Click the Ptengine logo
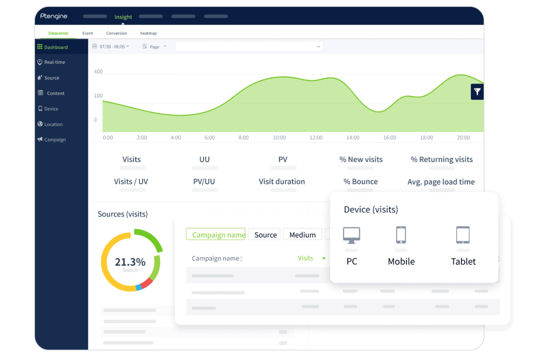coord(54,16)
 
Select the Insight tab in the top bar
coord(123,17)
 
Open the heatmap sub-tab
coord(148,33)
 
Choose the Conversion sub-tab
coord(116,33)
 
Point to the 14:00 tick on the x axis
coord(353,138)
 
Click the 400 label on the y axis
coord(98,71)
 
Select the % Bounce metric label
coord(360,181)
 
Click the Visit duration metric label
coord(282,181)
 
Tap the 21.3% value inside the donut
coord(130,262)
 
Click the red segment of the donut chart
coord(146,283)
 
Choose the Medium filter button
coord(302,235)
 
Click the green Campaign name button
coord(216,234)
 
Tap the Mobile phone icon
coord(401,235)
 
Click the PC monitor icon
coord(351,235)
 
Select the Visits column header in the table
coord(305,258)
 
